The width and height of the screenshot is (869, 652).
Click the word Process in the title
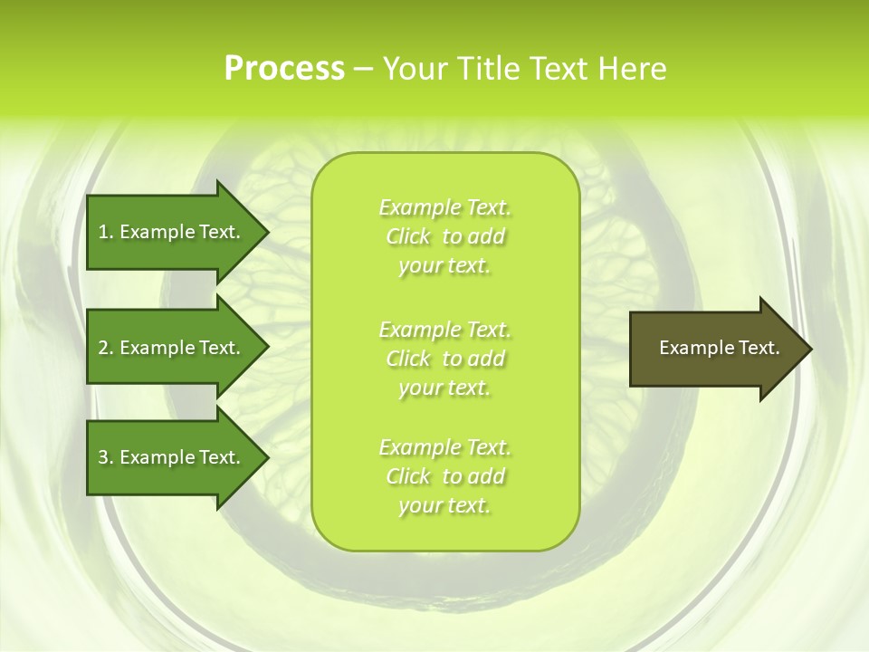(284, 69)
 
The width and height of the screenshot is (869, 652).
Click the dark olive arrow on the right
(715, 349)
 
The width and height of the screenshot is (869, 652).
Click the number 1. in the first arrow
(106, 232)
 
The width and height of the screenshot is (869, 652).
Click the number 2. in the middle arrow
(106, 348)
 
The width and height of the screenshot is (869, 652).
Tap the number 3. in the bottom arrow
(106, 457)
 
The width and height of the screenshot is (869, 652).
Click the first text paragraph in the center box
(444, 236)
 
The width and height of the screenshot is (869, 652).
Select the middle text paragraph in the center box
(444, 359)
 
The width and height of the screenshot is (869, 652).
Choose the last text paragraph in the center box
(444, 476)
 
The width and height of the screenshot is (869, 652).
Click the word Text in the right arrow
(759, 348)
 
